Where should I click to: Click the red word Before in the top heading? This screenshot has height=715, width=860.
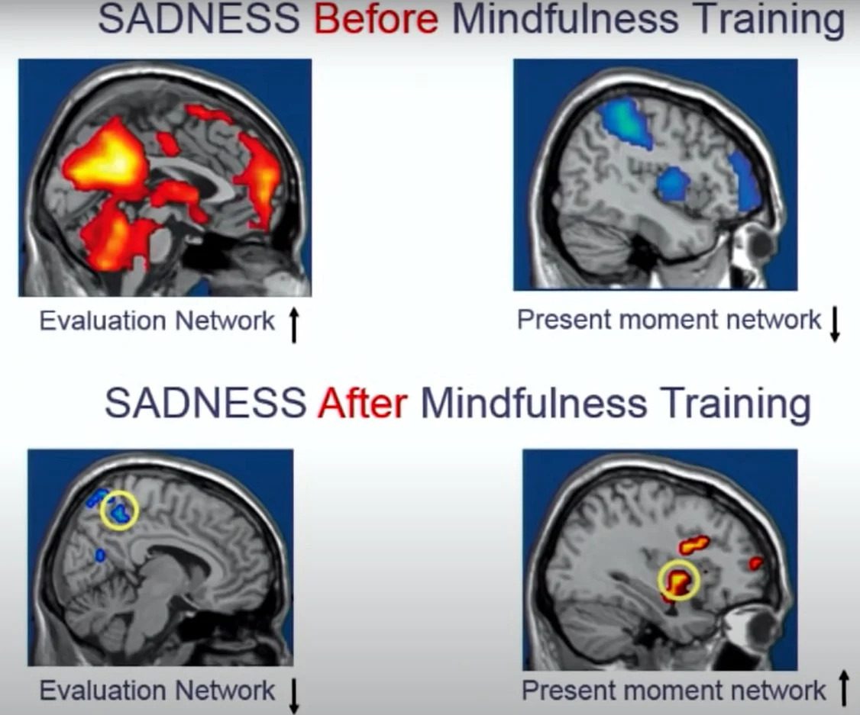tap(377, 19)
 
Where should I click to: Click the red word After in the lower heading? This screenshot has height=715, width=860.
tap(363, 403)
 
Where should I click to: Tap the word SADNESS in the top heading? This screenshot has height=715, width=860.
tap(199, 19)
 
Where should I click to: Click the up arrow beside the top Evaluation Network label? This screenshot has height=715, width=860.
tap(294, 325)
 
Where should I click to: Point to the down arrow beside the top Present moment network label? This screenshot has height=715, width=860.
tap(834, 324)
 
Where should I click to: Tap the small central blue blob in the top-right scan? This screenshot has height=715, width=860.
tap(673, 184)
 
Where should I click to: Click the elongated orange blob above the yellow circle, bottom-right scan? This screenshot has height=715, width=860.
tap(694, 545)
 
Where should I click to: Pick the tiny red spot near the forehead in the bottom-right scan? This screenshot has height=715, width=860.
tap(756, 562)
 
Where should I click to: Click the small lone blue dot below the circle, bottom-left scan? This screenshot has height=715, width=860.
tap(100, 555)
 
